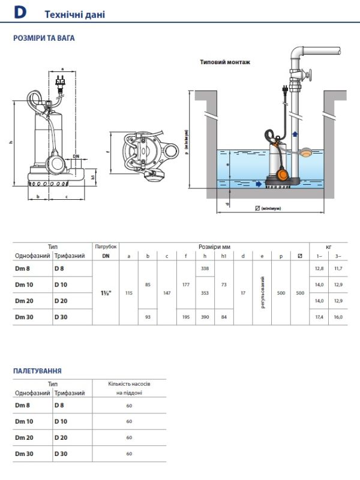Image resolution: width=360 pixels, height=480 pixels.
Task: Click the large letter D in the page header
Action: pyautogui.click(x=20, y=13)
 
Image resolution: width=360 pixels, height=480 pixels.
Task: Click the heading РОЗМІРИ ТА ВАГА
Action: pyautogui.click(x=44, y=38)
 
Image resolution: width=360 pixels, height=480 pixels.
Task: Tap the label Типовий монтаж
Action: pyautogui.click(x=225, y=62)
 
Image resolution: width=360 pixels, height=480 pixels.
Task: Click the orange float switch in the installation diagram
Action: pyautogui.click(x=283, y=175)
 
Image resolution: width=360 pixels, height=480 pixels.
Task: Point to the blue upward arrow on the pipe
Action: pyautogui.click(x=295, y=133)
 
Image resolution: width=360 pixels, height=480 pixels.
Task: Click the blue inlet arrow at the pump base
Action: pyautogui.click(x=259, y=184)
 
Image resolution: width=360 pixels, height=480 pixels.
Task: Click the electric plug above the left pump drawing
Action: pyautogui.click(x=61, y=82)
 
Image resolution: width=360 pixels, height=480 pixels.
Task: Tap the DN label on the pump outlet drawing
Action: pyautogui.click(x=76, y=157)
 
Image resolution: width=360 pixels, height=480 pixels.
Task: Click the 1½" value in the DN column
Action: pyautogui.click(x=106, y=293)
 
